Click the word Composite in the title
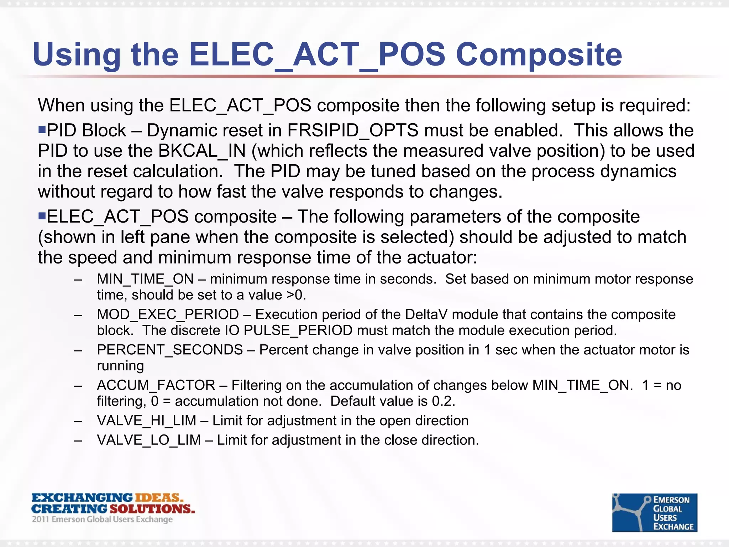(x=539, y=55)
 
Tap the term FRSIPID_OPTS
(x=353, y=130)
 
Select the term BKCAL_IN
(x=202, y=151)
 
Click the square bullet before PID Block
(x=42, y=129)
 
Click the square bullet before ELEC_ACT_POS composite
(x=42, y=215)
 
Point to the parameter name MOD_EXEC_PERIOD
(x=168, y=314)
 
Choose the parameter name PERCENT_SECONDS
(x=170, y=350)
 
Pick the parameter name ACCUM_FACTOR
(x=156, y=385)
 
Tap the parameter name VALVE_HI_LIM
(x=146, y=421)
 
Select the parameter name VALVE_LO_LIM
(x=149, y=440)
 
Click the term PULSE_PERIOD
(x=298, y=330)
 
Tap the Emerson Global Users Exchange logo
(x=654, y=512)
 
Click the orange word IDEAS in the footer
(x=158, y=497)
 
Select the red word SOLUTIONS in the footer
(x=152, y=509)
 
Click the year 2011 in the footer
(x=40, y=519)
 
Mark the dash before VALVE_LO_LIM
(x=78, y=441)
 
